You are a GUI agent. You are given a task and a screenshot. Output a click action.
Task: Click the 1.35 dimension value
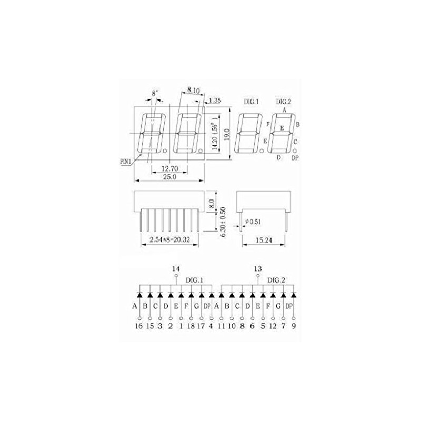point(215,100)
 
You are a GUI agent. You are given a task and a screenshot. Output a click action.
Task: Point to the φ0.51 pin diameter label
point(253,221)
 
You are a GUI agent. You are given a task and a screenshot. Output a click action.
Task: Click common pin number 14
point(176,269)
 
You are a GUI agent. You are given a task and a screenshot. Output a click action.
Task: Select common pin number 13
point(258,269)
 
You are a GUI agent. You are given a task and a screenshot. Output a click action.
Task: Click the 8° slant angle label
point(155,93)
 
